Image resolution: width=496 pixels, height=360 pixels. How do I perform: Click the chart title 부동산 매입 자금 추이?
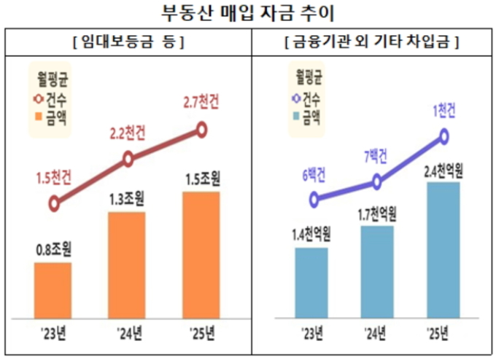[248, 12]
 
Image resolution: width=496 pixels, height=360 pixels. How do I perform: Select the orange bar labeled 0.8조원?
[53, 290]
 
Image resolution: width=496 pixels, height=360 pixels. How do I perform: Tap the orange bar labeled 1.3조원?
[127, 265]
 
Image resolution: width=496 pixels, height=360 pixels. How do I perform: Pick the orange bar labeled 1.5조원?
[201, 255]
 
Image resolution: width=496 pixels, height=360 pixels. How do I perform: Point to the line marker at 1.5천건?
[53, 204]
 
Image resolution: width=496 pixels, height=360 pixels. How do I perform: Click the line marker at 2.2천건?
[128, 158]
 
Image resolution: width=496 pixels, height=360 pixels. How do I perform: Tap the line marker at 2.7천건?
[201, 130]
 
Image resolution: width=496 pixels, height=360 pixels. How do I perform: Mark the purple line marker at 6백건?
[314, 198]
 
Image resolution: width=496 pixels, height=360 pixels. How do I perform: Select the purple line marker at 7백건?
[377, 182]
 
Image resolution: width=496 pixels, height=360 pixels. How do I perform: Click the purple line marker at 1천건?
[443, 136]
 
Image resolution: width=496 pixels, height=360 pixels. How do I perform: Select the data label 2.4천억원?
[443, 172]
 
